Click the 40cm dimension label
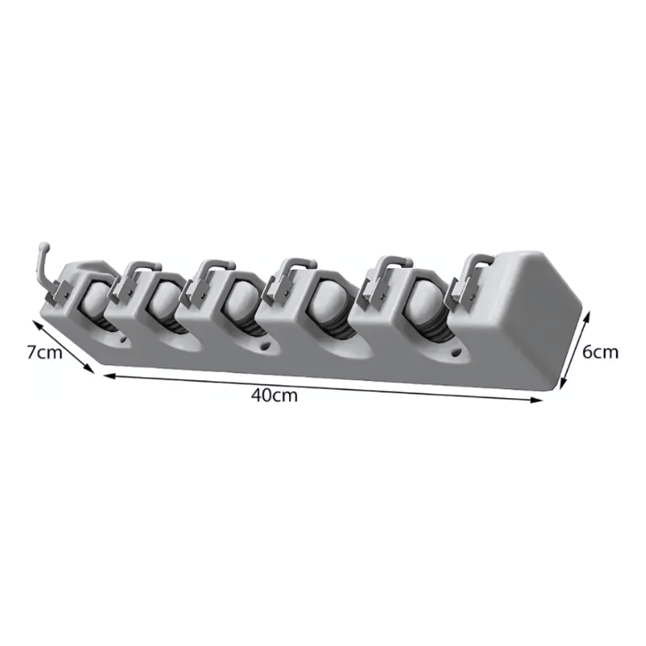click(x=275, y=396)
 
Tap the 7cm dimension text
click(x=44, y=353)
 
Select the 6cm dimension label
click(x=600, y=352)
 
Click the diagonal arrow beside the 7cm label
click(x=63, y=348)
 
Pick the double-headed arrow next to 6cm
click(x=574, y=350)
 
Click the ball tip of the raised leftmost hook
click(x=44, y=248)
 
